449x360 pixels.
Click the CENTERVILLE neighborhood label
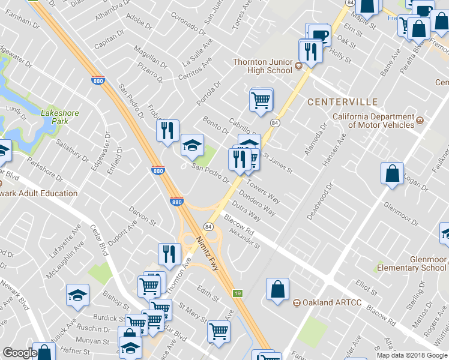click(x=342, y=102)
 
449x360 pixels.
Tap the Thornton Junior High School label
click(x=262, y=66)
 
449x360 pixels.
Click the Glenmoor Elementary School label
click(x=412, y=263)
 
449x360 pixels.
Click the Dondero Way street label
click(x=258, y=203)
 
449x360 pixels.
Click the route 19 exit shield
click(x=238, y=293)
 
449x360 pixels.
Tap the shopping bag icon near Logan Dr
click(x=392, y=173)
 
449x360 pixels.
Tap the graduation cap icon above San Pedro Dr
click(x=192, y=145)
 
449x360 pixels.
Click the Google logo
click(x=20, y=353)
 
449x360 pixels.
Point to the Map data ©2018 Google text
click(x=412, y=355)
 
